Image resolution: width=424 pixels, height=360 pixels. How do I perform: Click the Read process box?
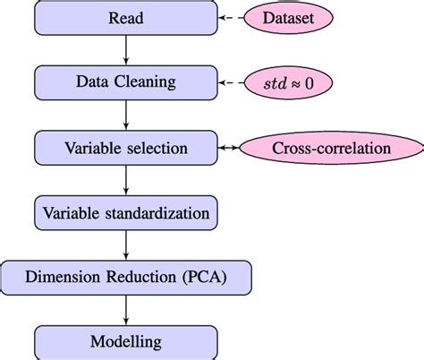click(x=124, y=17)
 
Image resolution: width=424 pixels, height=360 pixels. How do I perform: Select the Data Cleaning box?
click(x=124, y=82)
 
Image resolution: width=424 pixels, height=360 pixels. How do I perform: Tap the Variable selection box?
click(x=124, y=148)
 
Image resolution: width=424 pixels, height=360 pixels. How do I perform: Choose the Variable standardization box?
click(x=124, y=213)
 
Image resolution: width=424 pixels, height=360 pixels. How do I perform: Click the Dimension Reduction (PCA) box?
click(x=124, y=277)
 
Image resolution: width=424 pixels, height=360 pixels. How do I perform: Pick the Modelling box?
click(x=124, y=341)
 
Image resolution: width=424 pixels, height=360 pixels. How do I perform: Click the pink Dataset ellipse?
click(x=294, y=17)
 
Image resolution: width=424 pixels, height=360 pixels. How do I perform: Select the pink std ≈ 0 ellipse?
click(x=294, y=82)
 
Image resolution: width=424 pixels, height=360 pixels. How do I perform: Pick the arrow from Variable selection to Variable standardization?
click(x=124, y=180)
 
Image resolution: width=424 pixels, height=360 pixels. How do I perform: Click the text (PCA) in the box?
click(x=207, y=277)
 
